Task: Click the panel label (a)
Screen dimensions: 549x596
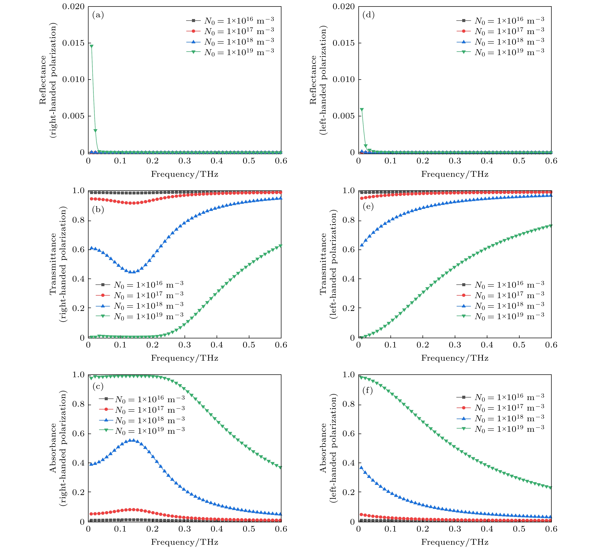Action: pyautogui.click(x=98, y=15)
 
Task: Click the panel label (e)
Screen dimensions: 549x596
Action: pyautogui.click(x=368, y=207)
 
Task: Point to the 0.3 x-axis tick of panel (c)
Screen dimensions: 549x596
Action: pyautogui.click(x=185, y=529)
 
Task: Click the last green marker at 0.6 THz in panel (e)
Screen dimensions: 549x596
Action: pyautogui.click(x=551, y=226)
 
